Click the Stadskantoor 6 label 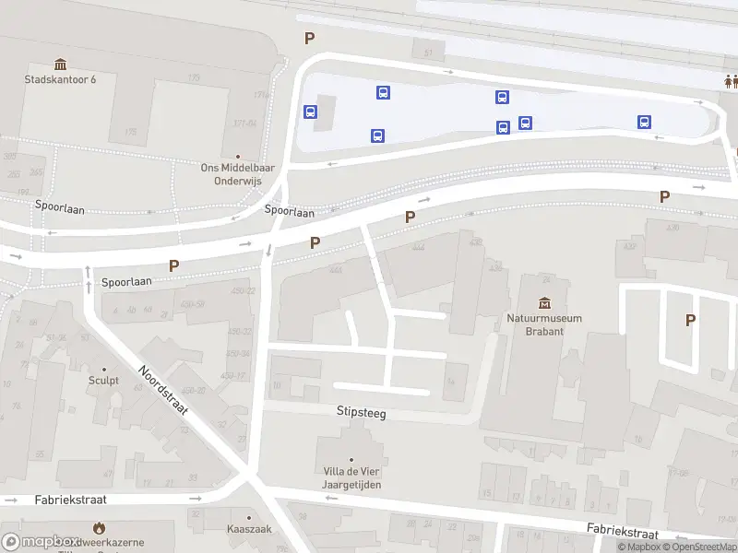click(60, 79)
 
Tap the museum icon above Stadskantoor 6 click(61, 64)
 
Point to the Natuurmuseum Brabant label click(544, 324)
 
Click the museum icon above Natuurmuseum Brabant click(544, 302)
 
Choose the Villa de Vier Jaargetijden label click(351, 478)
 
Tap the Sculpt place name click(103, 381)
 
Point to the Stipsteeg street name click(362, 414)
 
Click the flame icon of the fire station click(99, 528)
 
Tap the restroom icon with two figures click(731, 80)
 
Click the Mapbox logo click(41, 542)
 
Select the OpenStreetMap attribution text click(698, 547)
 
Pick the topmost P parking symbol click(310, 39)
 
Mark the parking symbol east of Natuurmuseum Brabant click(689, 320)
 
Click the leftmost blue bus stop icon click(311, 112)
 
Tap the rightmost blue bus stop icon click(644, 122)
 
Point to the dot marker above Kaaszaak click(247, 515)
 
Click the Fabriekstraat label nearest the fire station click(70, 500)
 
